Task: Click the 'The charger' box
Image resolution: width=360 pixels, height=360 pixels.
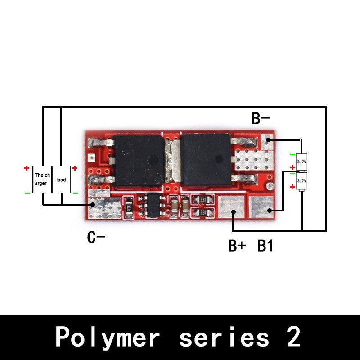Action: (42, 179)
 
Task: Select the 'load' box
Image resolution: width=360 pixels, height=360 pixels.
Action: (61, 179)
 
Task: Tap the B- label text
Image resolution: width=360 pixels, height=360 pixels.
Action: (261, 118)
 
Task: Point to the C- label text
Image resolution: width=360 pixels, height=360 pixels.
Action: (96, 237)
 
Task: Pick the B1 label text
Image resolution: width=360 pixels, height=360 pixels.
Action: (265, 246)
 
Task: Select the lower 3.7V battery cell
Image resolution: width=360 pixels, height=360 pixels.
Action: (301, 181)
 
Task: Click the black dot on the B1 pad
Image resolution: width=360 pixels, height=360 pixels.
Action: (269, 210)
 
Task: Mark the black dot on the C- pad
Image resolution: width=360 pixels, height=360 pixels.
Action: (92, 205)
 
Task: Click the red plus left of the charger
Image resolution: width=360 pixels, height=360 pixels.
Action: (27, 168)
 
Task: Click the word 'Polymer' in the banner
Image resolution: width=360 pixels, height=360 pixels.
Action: (108, 337)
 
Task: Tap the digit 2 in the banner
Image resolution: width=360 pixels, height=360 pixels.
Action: (293, 337)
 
